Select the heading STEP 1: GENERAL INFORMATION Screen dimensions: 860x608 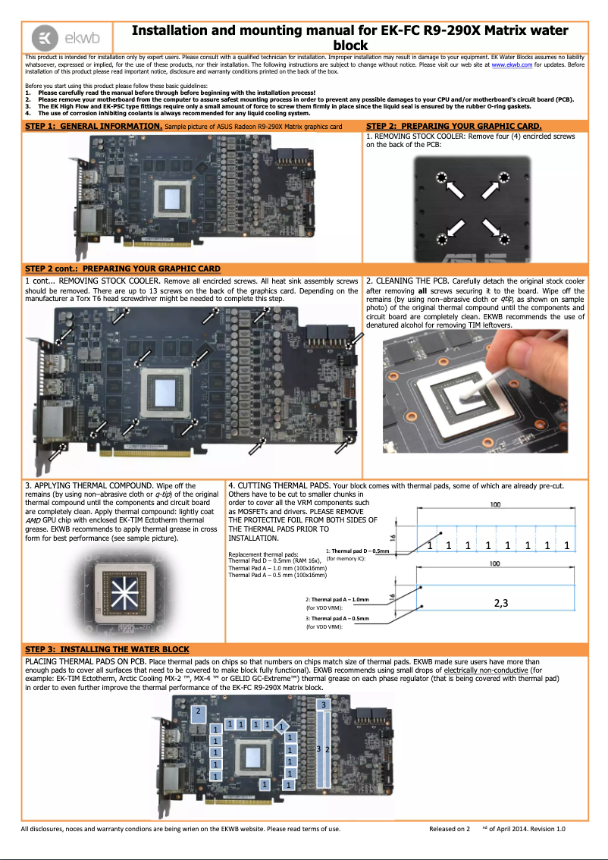(x=93, y=125)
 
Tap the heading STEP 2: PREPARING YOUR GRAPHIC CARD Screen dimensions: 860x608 (x=453, y=125)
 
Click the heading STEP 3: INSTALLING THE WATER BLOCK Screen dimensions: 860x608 (x=107, y=649)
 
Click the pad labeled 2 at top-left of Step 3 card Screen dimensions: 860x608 (x=199, y=711)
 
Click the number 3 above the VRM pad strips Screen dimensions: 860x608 (x=324, y=705)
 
